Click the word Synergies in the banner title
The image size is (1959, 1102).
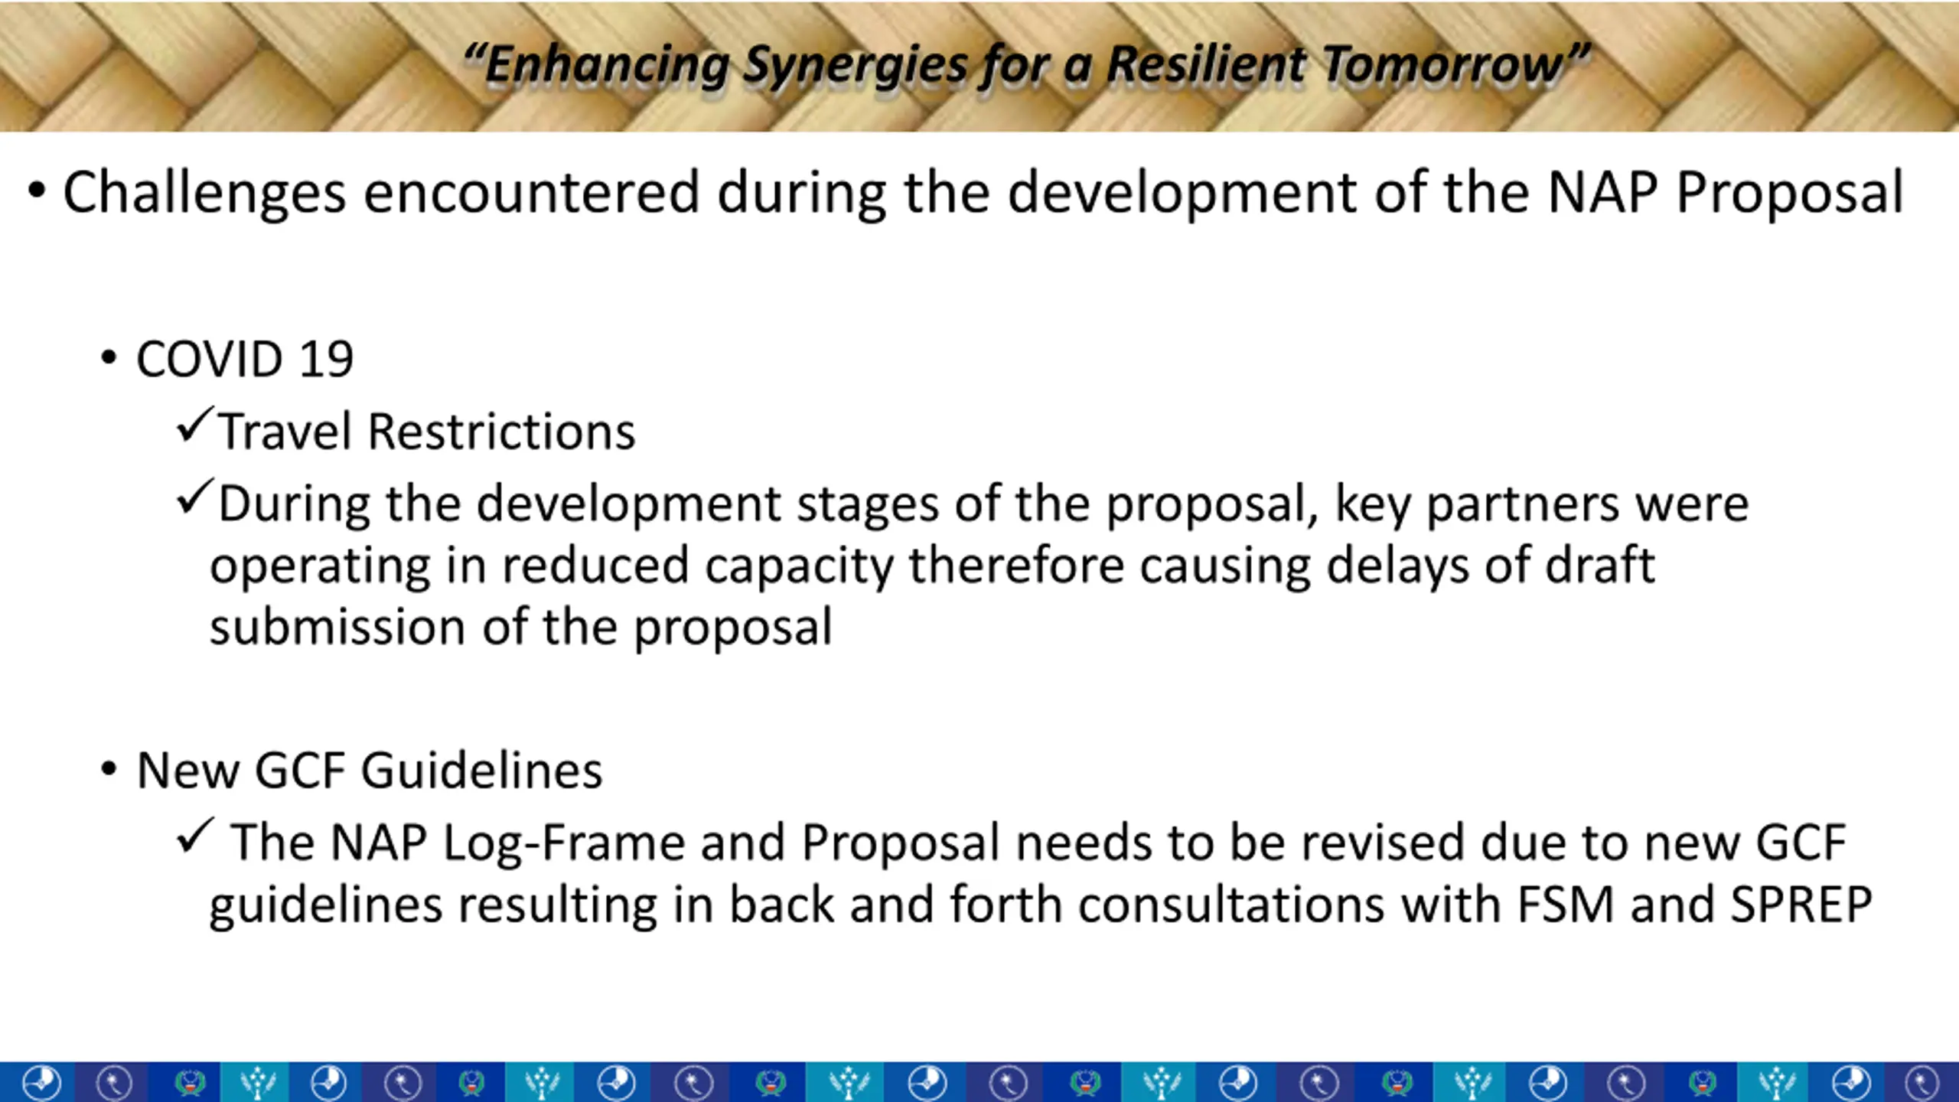click(856, 66)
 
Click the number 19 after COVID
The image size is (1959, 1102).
click(326, 359)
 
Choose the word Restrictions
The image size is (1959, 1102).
click(501, 432)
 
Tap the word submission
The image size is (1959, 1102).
click(337, 628)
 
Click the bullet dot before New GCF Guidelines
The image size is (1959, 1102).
click(109, 768)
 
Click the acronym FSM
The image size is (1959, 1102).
click(1565, 905)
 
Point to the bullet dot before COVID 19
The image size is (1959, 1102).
click(109, 357)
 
